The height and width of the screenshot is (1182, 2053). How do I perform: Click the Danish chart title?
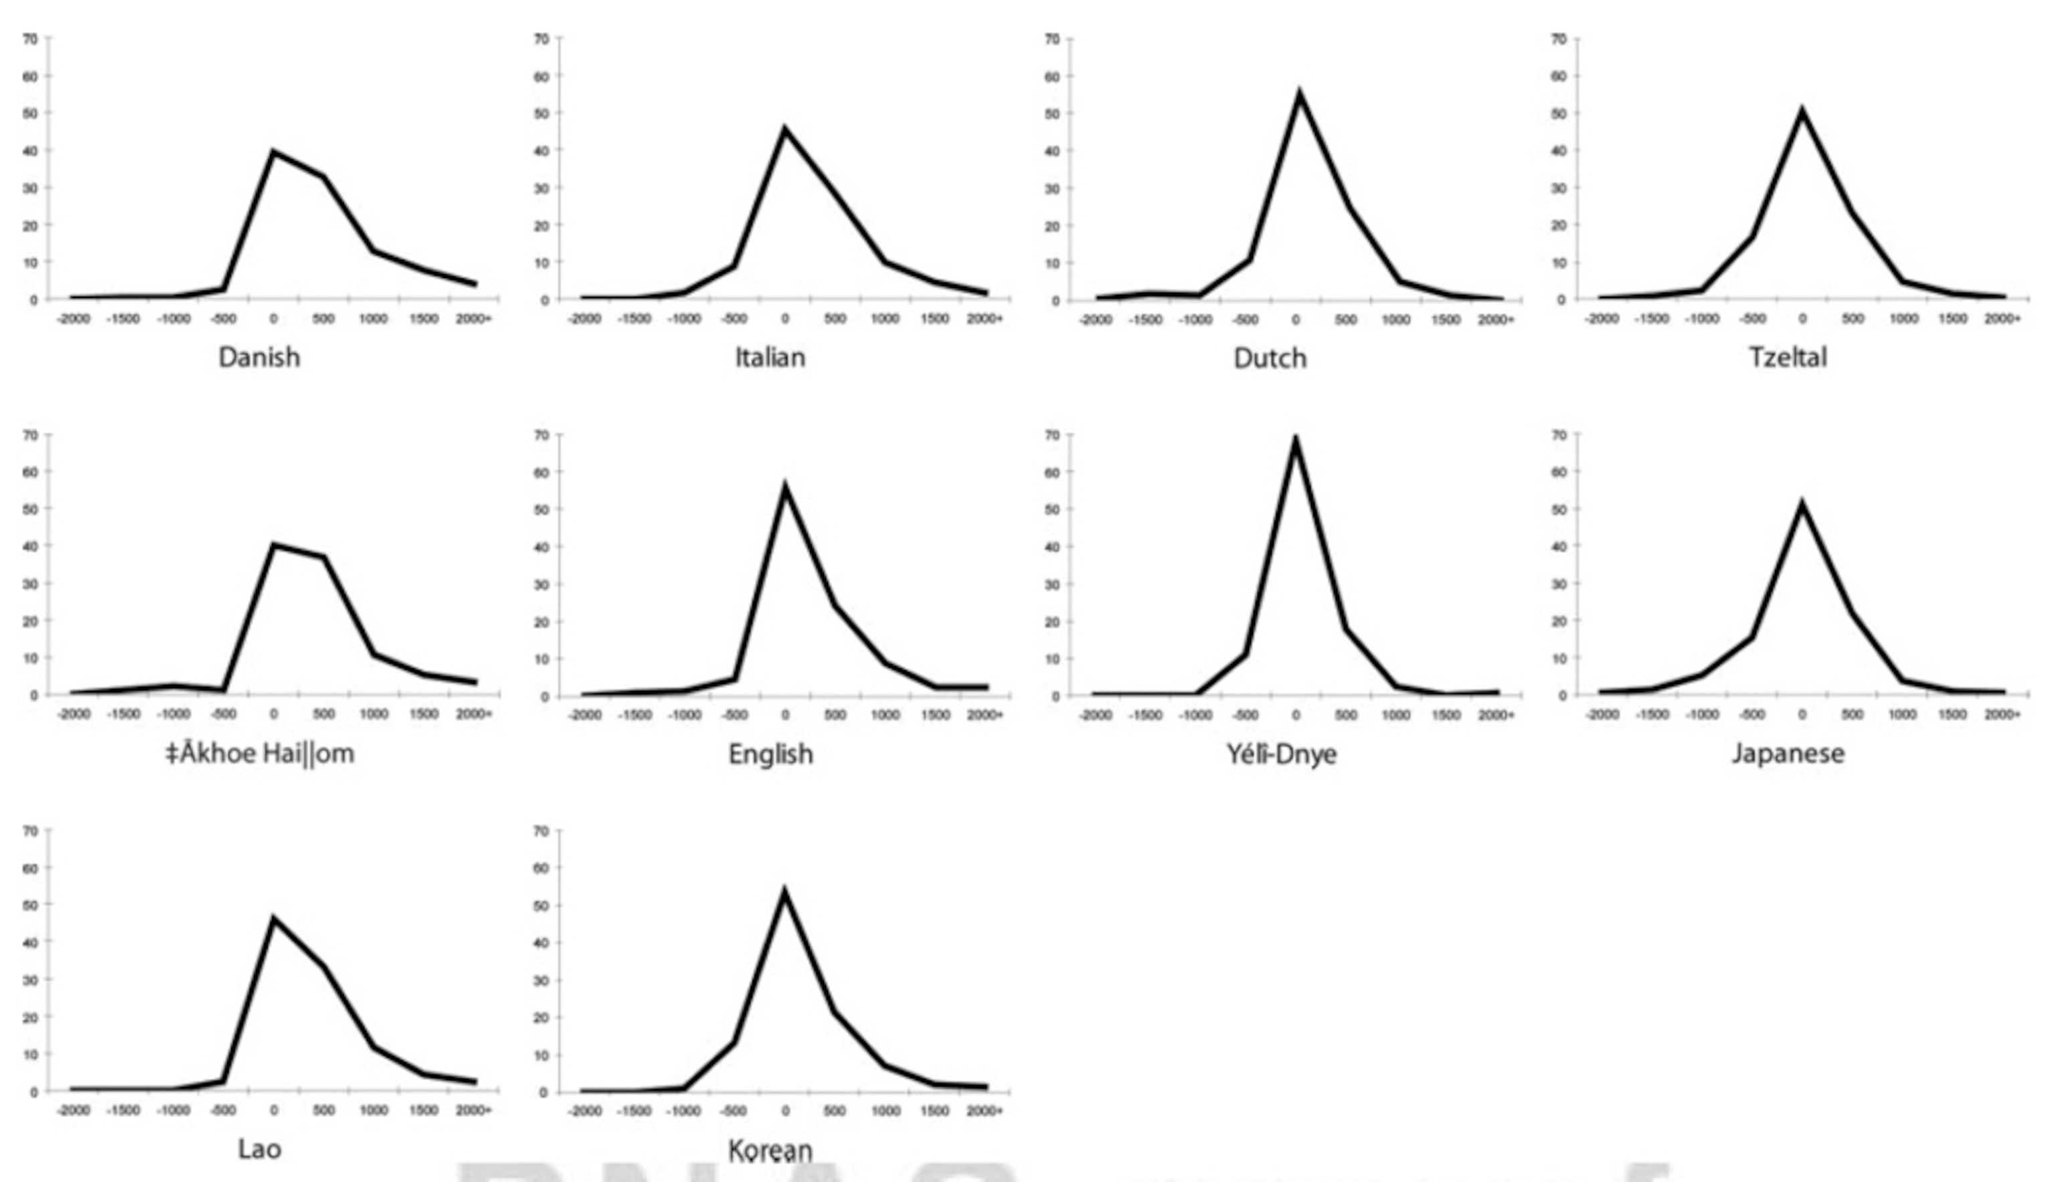click(x=259, y=357)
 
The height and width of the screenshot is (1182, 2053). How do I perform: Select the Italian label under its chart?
click(x=770, y=357)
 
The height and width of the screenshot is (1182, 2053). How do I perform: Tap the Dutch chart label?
click(x=1270, y=358)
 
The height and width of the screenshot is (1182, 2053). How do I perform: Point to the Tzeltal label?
click(x=1788, y=357)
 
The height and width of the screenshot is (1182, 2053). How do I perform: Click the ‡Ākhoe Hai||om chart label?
click(x=260, y=753)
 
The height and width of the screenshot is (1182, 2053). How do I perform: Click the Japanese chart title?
click(x=1788, y=753)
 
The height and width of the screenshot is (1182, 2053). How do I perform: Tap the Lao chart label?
click(x=259, y=1149)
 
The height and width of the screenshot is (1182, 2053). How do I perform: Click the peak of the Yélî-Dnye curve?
click(x=1296, y=439)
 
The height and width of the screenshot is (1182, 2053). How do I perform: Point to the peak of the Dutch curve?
click(x=1300, y=94)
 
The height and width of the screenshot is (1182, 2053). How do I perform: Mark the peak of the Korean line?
click(x=784, y=892)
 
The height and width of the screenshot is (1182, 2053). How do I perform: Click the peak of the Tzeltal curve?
click(x=1802, y=110)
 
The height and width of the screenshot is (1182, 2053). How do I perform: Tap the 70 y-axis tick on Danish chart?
click(x=30, y=38)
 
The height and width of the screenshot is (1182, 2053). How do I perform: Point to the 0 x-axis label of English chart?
click(x=785, y=715)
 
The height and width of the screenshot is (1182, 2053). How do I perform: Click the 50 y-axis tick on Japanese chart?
click(x=1558, y=509)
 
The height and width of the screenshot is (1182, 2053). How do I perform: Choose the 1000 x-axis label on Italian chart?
click(x=885, y=319)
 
